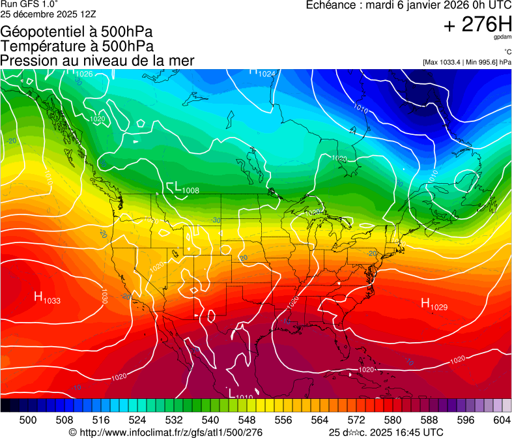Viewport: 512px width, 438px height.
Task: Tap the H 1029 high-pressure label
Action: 433,304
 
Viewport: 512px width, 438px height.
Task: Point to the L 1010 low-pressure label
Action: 241,394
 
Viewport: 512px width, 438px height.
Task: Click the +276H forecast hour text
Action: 477,25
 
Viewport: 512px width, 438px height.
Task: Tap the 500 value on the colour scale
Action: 28,419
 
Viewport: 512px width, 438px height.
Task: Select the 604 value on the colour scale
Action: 502,419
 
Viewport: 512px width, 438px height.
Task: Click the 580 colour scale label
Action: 393,419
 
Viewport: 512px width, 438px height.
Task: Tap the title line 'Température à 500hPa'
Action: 77,46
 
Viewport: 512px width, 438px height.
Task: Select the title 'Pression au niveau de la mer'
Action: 97,60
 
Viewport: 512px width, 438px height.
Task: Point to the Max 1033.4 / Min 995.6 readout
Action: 466,62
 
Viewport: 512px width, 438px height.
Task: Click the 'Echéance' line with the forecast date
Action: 408,5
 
